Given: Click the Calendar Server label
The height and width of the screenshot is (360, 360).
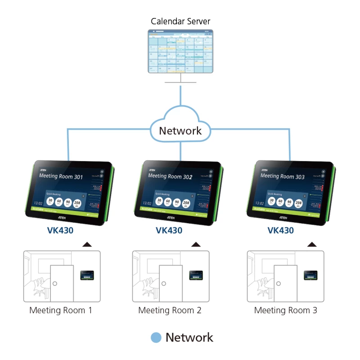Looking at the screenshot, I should [x=180, y=21].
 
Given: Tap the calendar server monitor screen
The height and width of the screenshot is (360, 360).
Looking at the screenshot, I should [x=181, y=51].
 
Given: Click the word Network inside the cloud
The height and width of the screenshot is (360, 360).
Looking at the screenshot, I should [x=180, y=131].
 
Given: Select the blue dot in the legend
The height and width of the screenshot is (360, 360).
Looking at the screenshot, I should [x=156, y=337].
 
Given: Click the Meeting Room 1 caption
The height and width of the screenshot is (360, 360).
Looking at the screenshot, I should [x=61, y=310].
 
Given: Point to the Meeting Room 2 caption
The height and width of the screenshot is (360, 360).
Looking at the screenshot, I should [x=170, y=310].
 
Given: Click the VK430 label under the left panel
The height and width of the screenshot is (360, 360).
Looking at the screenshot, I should [x=60, y=230].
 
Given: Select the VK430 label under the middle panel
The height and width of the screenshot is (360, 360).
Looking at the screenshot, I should [x=169, y=230].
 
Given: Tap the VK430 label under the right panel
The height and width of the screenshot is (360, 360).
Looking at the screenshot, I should [x=281, y=230].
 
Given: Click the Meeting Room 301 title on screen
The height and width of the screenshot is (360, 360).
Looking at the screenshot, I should [x=61, y=176].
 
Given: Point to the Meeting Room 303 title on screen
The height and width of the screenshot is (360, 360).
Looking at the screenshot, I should [x=283, y=176].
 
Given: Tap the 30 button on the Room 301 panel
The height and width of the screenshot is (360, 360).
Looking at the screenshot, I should [x=51, y=202].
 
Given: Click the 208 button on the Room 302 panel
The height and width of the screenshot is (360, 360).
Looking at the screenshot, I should [x=186, y=203].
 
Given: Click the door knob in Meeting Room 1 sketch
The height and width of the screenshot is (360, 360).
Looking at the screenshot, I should [x=54, y=283].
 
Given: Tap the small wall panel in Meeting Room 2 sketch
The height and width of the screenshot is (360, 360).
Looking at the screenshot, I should [x=195, y=274].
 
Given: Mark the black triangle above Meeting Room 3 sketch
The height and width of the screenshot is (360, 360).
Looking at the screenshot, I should [x=312, y=244].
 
